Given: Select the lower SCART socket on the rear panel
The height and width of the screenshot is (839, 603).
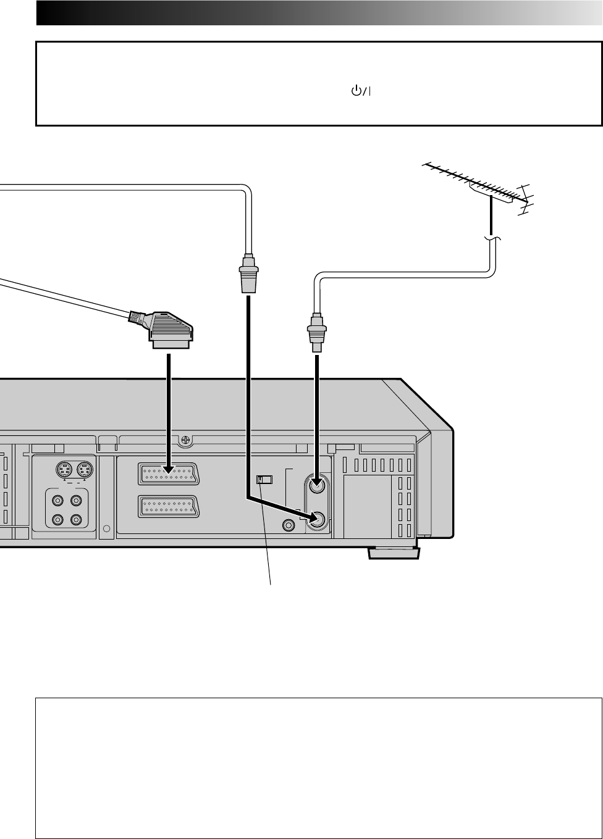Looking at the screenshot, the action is pos(168,507).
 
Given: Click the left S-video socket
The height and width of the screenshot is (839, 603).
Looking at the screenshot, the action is pos(64,470).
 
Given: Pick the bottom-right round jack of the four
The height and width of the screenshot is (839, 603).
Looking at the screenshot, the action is pos(77,520).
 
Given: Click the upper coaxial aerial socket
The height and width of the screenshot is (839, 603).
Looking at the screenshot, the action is pos(317,486).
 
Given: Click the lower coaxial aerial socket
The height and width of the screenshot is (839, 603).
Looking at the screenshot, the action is pos(317,520).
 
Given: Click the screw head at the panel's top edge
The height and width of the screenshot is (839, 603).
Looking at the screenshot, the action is pos(184,441).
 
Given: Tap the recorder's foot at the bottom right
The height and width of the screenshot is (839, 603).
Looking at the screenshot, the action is pos(393,553).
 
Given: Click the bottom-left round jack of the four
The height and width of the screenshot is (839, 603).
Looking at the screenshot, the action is pos(59,520).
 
